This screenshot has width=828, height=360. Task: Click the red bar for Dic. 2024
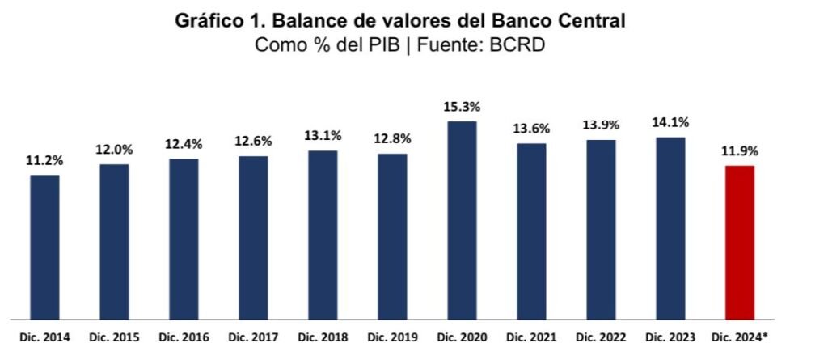coord(739,242)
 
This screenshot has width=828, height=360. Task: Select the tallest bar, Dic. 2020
coord(462,220)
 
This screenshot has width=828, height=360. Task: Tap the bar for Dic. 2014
coord(44,247)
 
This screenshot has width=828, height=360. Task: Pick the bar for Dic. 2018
coord(323,235)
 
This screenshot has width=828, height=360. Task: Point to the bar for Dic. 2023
coord(670,228)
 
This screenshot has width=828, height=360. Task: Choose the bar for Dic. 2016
coord(184,239)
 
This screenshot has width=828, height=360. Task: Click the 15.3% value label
coord(462,107)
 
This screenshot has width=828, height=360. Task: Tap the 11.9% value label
coord(739,150)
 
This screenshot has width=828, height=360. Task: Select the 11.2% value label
coord(44,160)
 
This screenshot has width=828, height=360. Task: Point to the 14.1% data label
coord(670,123)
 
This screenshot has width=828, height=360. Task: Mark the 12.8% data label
coord(392,139)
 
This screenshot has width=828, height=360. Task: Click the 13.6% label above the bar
coord(531,128)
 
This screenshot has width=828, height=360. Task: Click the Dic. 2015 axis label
coord(114,336)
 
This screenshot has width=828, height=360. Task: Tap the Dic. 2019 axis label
coord(392,336)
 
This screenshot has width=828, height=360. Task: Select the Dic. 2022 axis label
coord(601,336)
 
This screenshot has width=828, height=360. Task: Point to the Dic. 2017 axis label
coord(253,336)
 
